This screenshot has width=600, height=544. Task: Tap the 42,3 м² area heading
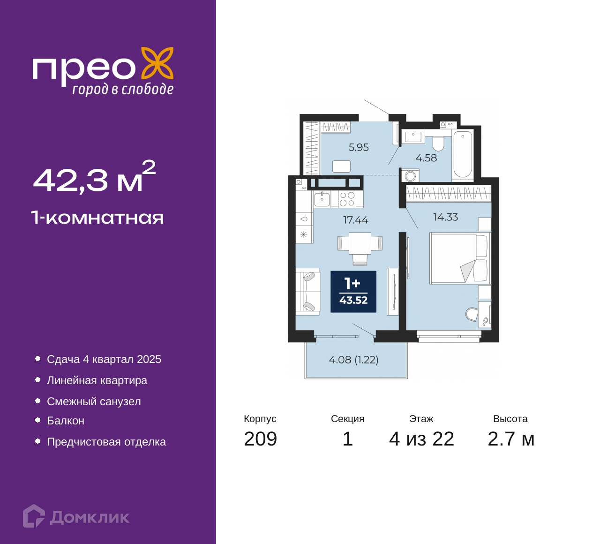coord(95,177)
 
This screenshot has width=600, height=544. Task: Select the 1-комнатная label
coord(97,218)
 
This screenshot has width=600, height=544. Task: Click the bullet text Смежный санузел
coord(94,401)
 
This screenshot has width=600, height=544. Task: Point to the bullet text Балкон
coord(66,421)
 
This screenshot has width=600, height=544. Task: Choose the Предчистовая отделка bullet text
coord(106,442)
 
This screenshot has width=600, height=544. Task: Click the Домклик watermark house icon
coord(34,517)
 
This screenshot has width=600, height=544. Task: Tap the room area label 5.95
coord(359,147)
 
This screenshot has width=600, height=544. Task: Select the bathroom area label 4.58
coord(426,158)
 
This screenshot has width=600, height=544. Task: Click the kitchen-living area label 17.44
coord(355,220)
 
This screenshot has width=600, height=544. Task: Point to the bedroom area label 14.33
coord(446,217)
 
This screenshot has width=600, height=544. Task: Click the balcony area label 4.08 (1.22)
coord(353,359)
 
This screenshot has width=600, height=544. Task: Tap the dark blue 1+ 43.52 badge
coord(353,291)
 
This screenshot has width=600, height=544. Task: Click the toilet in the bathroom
coord(439,144)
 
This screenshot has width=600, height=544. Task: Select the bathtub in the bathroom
coord(462,154)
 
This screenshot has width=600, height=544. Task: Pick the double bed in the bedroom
coord(460,258)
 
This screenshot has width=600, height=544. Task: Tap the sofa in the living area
coord(308,291)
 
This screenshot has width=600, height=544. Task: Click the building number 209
coord(260,439)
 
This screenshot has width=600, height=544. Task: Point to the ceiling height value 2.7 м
coord(511,439)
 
